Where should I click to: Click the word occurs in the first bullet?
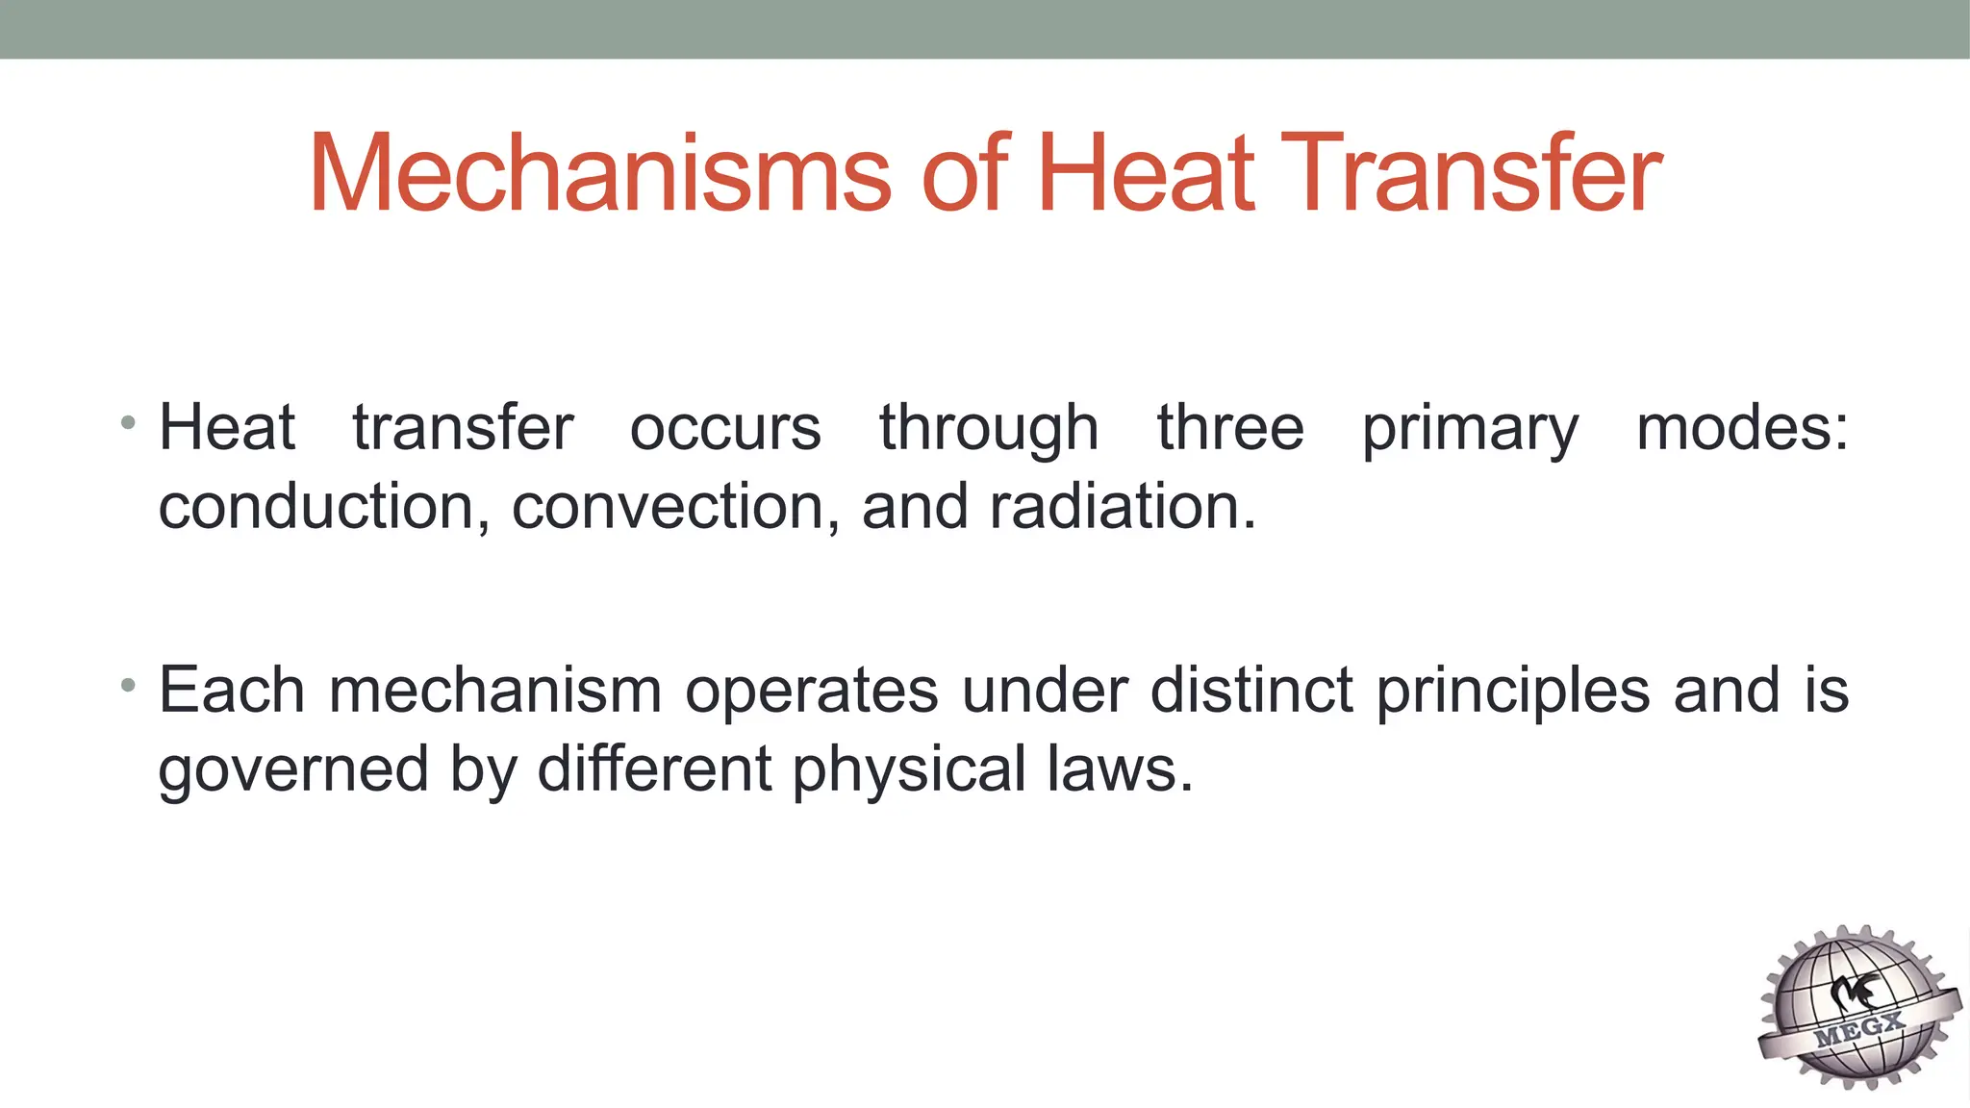(x=725, y=428)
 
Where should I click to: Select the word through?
(x=989, y=430)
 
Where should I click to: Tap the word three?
(x=1230, y=428)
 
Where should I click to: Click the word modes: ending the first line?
(x=1742, y=428)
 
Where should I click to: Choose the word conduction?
(x=324, y=507)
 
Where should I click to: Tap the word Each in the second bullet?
(x=232, y=691)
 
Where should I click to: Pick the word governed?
(x=293, y=771)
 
